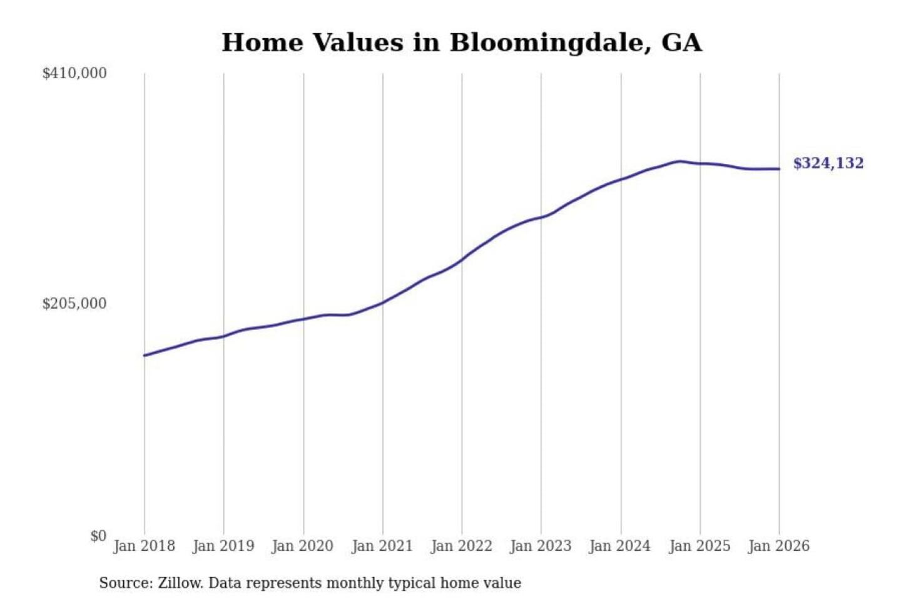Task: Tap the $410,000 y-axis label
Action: point(74,73)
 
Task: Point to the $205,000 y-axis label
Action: point(74,304)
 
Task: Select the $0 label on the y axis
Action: point(98,536)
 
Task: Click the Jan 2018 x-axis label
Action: point(145,546)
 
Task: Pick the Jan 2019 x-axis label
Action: point(223,546)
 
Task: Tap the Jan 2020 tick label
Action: point(303,546)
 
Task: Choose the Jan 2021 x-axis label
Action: point(382,546)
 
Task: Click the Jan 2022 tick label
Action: point(462,546)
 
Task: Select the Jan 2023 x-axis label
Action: point(541,546)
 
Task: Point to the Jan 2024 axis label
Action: point(620,546)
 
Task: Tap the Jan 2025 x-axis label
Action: point(700,546)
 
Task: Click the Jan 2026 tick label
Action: point(779,546)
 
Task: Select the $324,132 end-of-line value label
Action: point(828,163)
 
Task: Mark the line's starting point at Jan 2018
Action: point(145,356)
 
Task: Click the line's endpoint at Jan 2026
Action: point(779,168)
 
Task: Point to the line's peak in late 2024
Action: point(680,162)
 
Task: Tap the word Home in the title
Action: point(262,43)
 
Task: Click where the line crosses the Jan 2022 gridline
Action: point(462,259)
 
